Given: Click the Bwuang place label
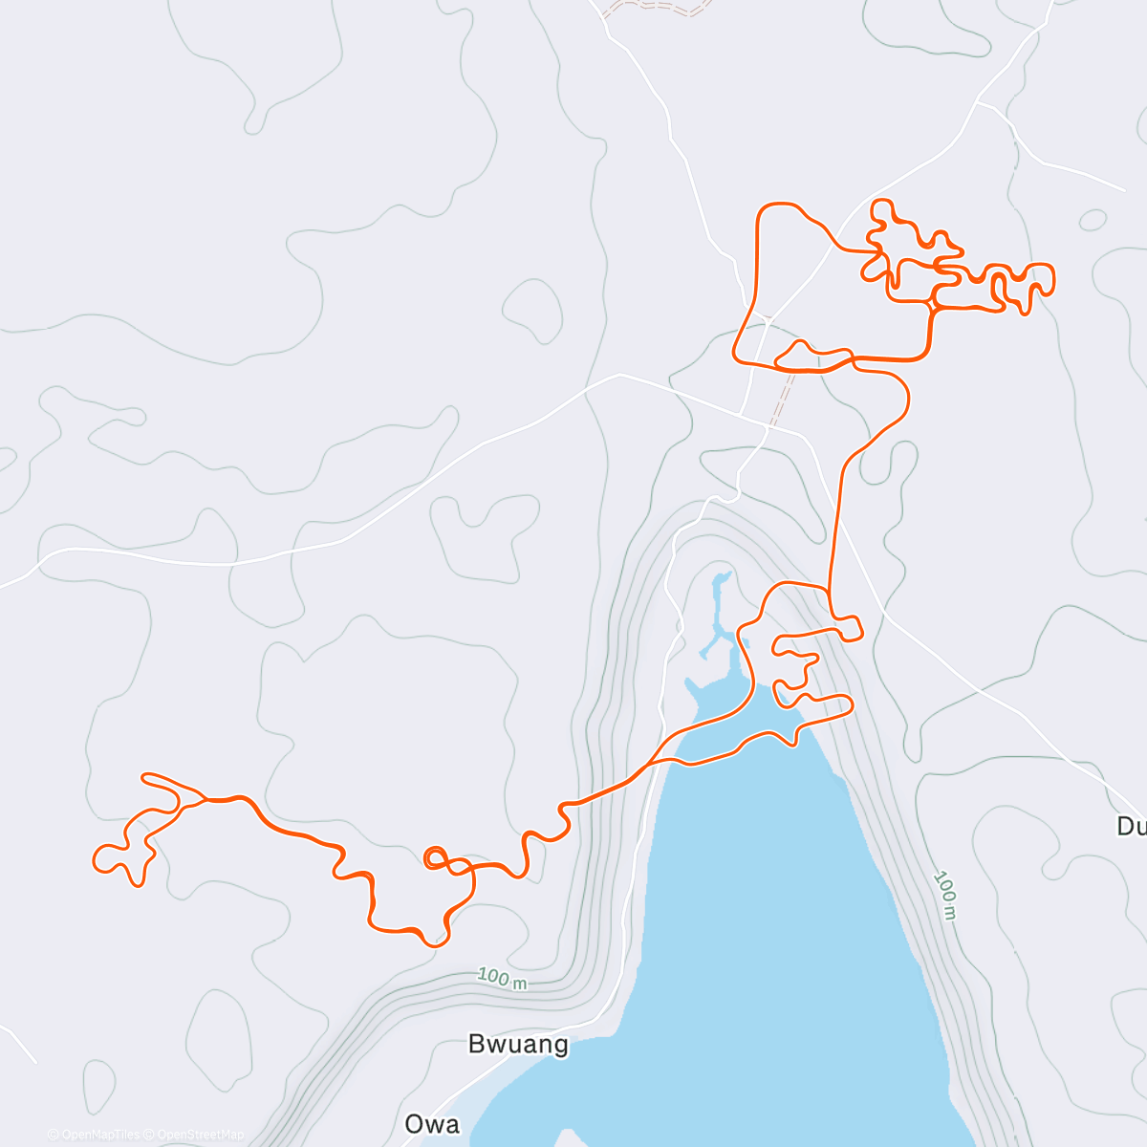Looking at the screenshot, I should click(518, 1044).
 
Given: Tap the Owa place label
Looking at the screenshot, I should click(432, 1124).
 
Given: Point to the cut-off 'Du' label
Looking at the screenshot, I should click(1131, 826).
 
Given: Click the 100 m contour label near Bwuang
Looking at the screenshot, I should click(503, 979).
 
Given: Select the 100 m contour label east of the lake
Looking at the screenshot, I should click(945, 895).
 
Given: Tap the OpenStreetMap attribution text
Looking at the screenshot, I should click(200, 1135).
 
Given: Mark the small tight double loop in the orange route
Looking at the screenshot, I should click(434, 856).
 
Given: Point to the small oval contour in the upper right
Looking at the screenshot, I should click(1093, 220).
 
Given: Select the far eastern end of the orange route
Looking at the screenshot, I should click(1052, 278).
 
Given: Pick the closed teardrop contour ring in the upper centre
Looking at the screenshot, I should click(532, 310).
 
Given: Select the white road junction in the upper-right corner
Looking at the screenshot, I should click(979, 101).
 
